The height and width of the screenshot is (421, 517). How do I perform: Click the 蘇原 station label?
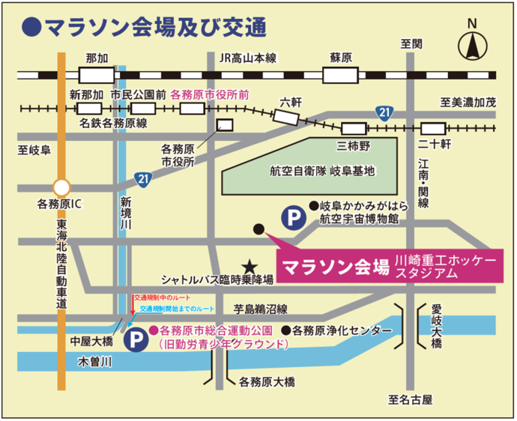(x=341, y=58)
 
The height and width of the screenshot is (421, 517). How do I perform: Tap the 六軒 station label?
(x=291, y=101)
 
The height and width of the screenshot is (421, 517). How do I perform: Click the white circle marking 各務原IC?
(x=61, y=186)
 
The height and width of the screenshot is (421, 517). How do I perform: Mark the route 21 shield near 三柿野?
(x=384, y=112)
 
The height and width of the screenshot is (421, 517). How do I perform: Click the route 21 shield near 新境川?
(x=143, y=178)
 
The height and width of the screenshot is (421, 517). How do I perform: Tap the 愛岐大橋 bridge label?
(x=437, y=324)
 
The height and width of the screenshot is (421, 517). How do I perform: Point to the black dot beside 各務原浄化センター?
(x=285, y=330)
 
